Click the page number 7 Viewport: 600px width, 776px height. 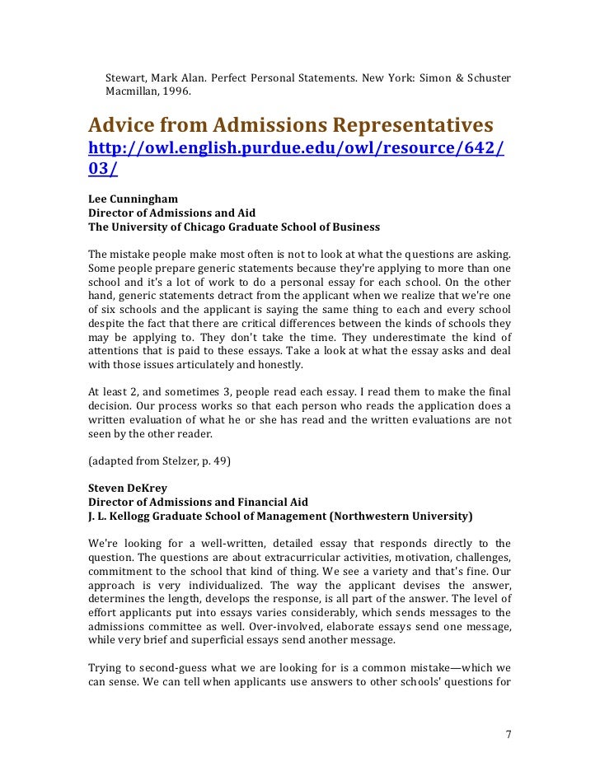tap(508, 734)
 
